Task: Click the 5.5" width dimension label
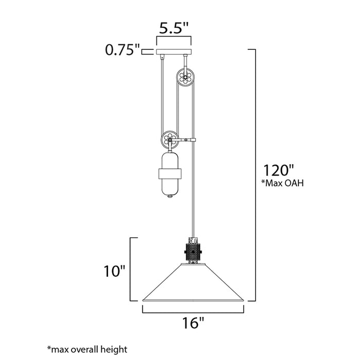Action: pos(173,29)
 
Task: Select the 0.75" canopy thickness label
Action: pos(122,50)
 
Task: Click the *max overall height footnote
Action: pos(88,349)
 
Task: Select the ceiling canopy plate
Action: pos(174,52)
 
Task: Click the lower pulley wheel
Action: pos(170,140)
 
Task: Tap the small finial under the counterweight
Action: pos(170,197)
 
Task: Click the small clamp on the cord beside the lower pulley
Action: pos(193,139)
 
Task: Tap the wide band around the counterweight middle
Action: pos(170,173)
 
